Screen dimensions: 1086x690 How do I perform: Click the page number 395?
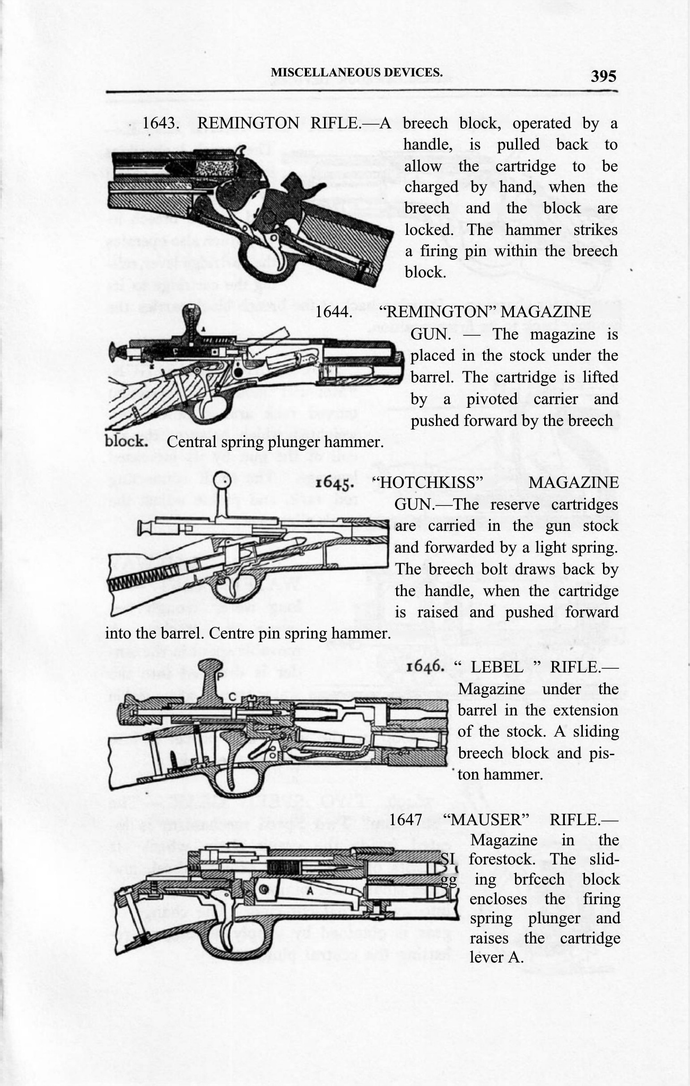[604, 76]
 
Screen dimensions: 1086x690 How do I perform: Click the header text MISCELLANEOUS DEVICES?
[356, 73]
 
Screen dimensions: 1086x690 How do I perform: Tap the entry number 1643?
[160, 123]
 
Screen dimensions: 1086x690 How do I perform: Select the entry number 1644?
[334, 312]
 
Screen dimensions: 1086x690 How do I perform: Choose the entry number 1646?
[425, 666]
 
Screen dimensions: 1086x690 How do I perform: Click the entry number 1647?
[406, 819]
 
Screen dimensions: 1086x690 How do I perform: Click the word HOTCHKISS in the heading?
[429, 483]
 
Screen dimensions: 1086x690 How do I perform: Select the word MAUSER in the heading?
[489, 819]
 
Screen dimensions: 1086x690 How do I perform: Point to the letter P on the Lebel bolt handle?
[220, 676]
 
